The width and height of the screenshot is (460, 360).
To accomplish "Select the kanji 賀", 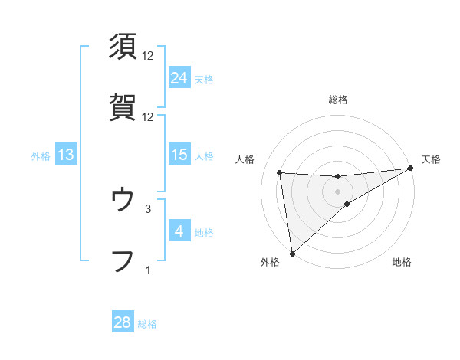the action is click(x=123, y=106).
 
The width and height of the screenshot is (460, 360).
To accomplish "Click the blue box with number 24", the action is click(x=179, y=78).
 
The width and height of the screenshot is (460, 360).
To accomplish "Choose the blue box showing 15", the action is click(x=179, y=155).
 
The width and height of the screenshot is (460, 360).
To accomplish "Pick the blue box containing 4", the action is click(x=179, y=231).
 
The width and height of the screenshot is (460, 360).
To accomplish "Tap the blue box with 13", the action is click(x=66, y=155).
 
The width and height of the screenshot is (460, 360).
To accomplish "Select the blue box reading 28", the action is click(x=122, y=322).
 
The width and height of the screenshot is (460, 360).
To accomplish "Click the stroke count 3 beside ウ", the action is click(x=148, y=208).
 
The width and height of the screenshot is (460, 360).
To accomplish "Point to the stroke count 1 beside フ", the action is click(x=148, y=269).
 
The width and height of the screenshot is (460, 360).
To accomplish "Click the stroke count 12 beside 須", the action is click(x=148, y=56).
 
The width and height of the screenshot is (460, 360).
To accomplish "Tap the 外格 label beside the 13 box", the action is click(x=41, y=156).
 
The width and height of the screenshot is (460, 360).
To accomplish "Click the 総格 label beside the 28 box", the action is click(x=147, y=323).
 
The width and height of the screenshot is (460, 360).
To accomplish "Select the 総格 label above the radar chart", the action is click(x=338, y=100).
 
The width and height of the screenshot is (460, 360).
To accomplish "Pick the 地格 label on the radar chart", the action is click(x=402, y=262).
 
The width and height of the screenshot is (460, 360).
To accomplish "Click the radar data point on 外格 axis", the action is click(x=291, y=254).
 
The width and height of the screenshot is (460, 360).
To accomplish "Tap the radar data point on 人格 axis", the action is click(x=279, y=172).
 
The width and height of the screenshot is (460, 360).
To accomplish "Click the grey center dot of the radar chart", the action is click(x=338, y=191).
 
